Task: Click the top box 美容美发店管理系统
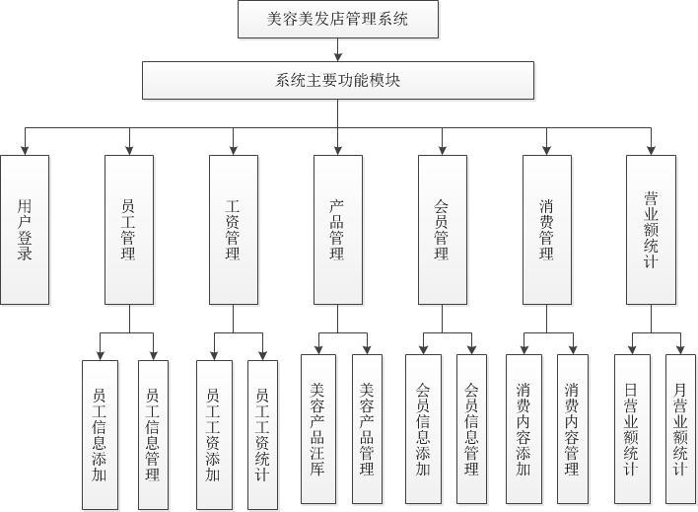(338, 19)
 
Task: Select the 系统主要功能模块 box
(338, 81)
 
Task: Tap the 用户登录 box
(25, 229)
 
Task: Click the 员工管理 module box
(128, 229)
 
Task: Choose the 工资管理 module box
(234, 229)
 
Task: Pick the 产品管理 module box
(337, 229)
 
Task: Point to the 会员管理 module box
(442, 229)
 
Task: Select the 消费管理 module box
(546, 229)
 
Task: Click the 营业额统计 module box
(651, 229)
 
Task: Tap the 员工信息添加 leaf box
(100, 434)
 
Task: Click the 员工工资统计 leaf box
(263, 434)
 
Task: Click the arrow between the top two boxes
(338, 51)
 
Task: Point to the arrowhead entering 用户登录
(25, 149)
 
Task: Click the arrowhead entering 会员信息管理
(472, 348)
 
